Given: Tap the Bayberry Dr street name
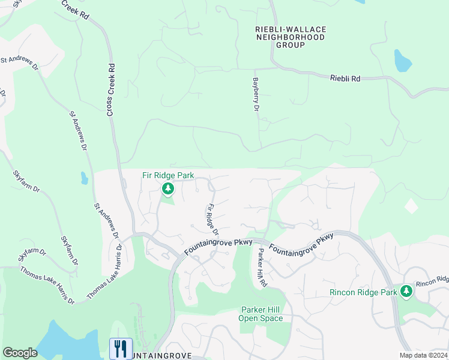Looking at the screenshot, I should click(x=256, y=94).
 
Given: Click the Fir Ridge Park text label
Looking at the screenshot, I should click(x=168, y=175).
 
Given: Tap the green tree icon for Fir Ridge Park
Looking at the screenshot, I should click(x=168, y=190).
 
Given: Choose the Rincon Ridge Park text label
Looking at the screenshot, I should click(x=364, y=292).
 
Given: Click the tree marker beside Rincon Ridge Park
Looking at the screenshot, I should click(x=407, y=291).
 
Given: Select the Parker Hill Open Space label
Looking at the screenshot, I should click(x=261, y=314).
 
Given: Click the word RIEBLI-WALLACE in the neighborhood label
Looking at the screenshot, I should click(x=291, y=29).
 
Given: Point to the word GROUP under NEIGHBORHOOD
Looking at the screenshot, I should click(x=291, y=45).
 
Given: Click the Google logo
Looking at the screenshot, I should click(x=20, y=353).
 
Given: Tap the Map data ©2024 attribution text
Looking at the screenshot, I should click(x=423, y=355).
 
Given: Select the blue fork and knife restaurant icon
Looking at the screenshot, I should click(x=121, y=349).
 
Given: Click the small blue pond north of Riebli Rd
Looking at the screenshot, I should click(x=401, y=61).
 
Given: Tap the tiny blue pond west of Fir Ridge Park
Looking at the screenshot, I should click(x=84, y=178).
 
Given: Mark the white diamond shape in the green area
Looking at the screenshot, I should click(x=411, y=206).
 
